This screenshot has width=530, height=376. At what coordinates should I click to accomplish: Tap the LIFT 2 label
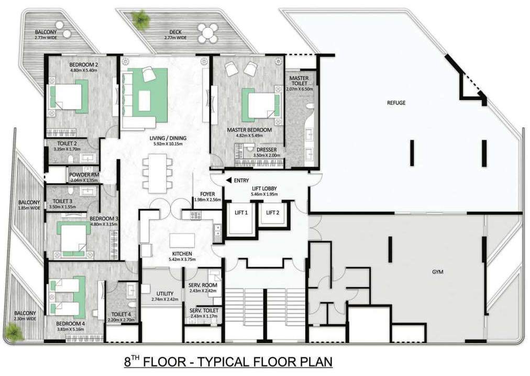point(273,212)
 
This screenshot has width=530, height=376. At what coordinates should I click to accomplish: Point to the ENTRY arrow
point(229,180)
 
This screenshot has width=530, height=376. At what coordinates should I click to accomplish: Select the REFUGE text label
point(396,103)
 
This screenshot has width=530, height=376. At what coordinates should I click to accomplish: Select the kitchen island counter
point(182,240)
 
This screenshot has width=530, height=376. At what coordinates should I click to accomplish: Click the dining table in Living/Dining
point(158,173)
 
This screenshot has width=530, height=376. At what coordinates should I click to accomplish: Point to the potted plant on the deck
point(141,19)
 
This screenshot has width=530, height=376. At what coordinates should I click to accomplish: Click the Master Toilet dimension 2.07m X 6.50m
point(300,89)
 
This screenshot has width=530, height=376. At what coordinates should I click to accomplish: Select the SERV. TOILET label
point(204,310)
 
